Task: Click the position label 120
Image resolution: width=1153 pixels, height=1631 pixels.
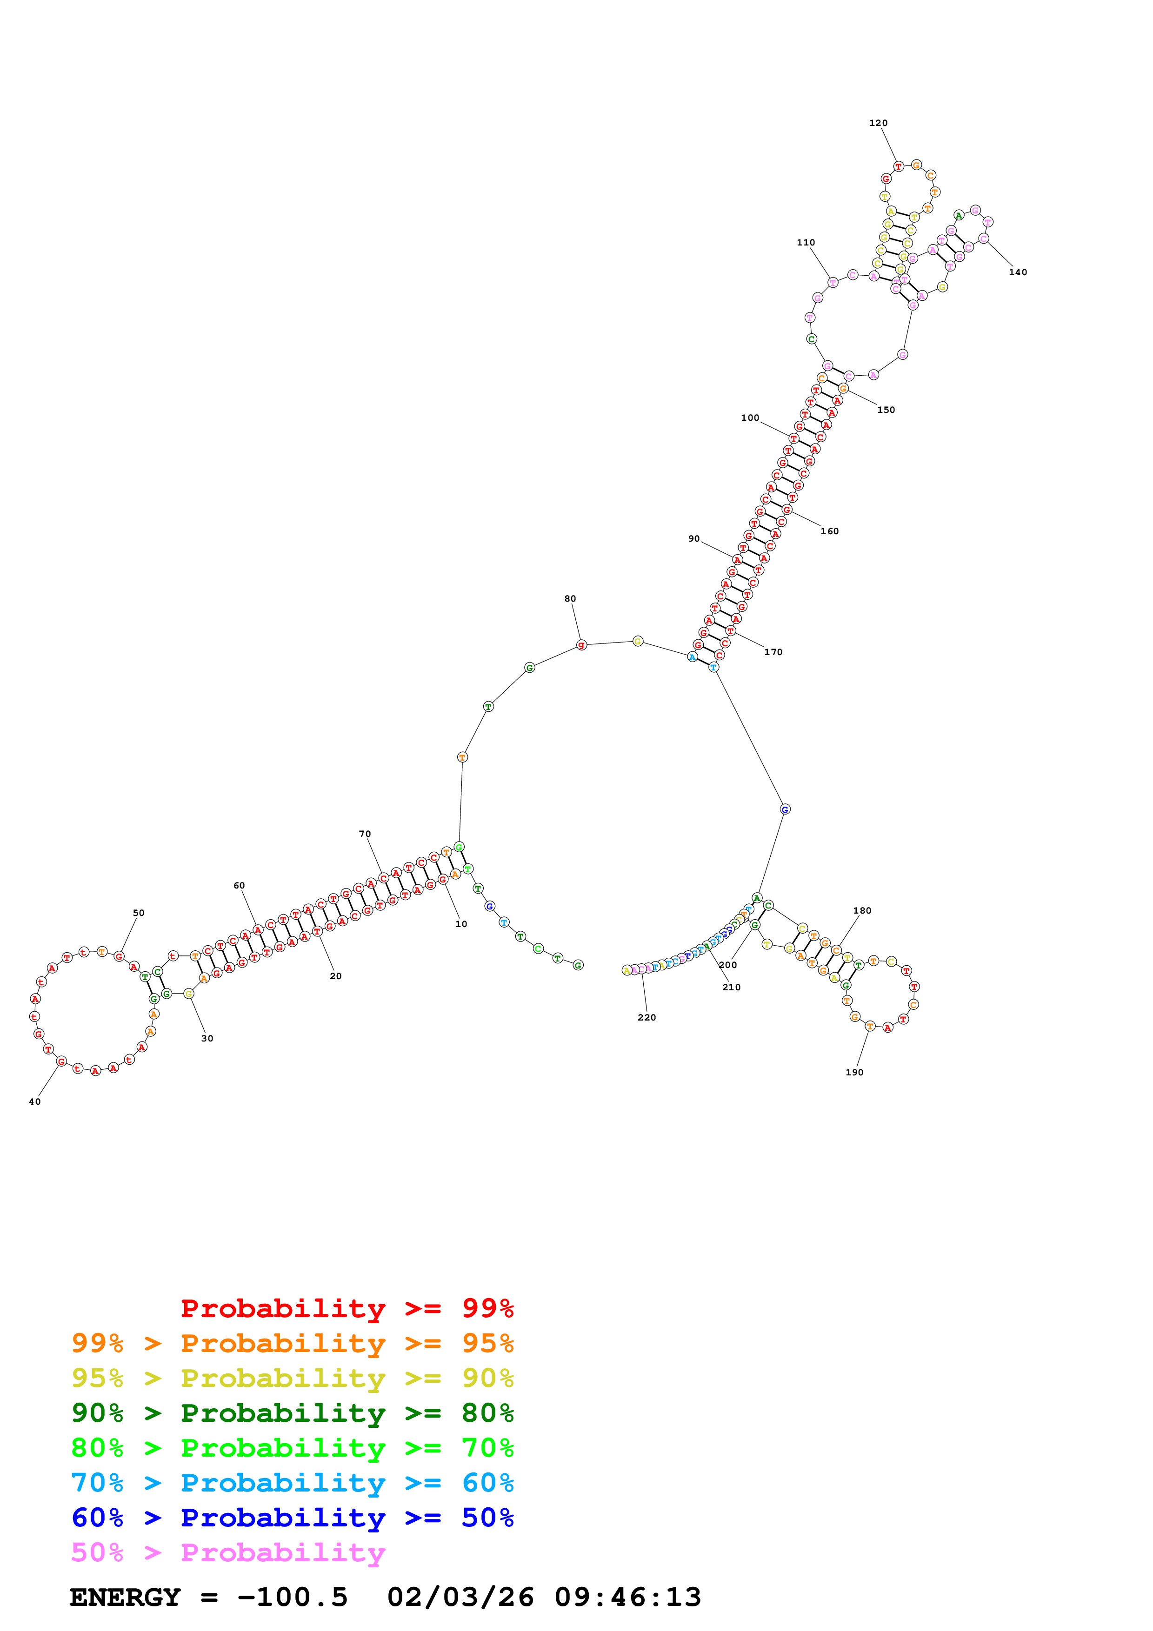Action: [x=878, y=123]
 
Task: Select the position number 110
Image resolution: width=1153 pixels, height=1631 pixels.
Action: [x=806, y=242]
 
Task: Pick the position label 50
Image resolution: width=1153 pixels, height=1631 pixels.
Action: [x=139, y=913]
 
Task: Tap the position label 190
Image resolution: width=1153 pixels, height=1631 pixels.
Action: [x=854, y=1072]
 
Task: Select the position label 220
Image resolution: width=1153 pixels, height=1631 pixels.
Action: [x=646, y=1017]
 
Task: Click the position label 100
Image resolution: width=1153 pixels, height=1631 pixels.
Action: [x=749, y=418]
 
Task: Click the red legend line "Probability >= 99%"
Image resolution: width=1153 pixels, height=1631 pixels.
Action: [x=347, y=1308]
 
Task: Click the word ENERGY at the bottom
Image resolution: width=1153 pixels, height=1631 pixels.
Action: [x=125, y=1597]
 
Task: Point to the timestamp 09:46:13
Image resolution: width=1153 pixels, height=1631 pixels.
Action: [x=627, y=1597]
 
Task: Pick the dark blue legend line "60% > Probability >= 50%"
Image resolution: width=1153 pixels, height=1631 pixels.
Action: [x=292, y=1518]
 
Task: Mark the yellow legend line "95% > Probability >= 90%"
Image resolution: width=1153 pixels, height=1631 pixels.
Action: [x=292, y=1378]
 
